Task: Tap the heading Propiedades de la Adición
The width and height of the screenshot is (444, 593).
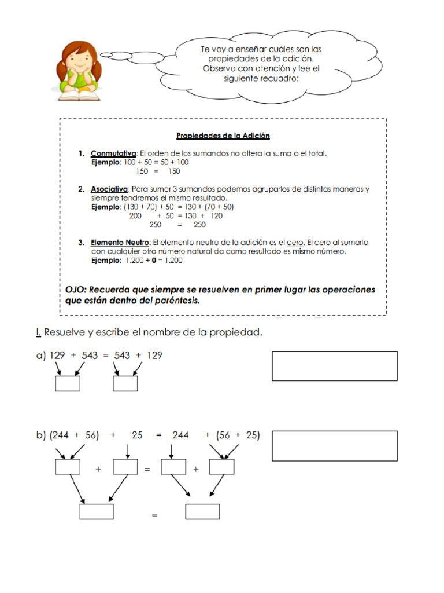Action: (223, 136)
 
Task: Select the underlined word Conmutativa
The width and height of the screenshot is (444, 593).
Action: (113, 153)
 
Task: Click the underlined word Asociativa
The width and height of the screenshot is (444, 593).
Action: (110, 189)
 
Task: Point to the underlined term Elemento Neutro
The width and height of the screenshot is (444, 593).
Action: (120, 243)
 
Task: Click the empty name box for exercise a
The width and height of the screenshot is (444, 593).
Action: (334, 366)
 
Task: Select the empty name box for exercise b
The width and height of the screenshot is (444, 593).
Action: (334, 446)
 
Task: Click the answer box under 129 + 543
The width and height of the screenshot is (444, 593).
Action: (67, 384)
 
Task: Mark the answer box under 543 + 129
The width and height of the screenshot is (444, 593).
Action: (125, 384)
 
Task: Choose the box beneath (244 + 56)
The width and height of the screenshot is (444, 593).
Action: (67, 467)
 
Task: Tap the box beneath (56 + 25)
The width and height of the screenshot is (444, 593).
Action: (221, 467)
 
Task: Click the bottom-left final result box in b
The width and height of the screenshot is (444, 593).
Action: (97, 512)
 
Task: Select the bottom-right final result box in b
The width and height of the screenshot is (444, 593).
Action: (202, 512)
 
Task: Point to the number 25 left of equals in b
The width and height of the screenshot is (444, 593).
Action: (137, 436)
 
